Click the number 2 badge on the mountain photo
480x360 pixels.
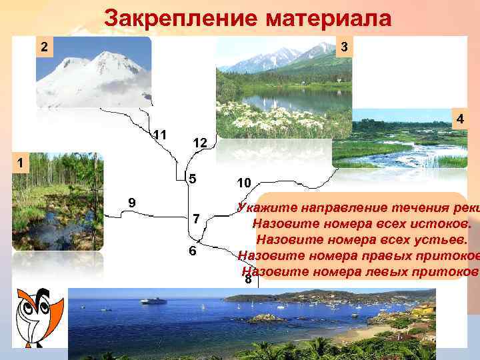tap(43, 48)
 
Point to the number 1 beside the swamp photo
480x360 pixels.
tap(21, 162)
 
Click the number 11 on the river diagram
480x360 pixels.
tap(159, 135)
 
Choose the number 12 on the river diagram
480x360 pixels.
tap(200, 143)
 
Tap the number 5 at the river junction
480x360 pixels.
tap(192, 179)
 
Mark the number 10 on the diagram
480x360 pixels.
tap(243, 183)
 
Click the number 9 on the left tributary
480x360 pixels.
tap(132, 202)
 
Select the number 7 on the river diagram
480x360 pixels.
tap(196, 219)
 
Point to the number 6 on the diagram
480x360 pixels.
tap(192, 251)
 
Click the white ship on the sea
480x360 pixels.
tap(153, 301)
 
